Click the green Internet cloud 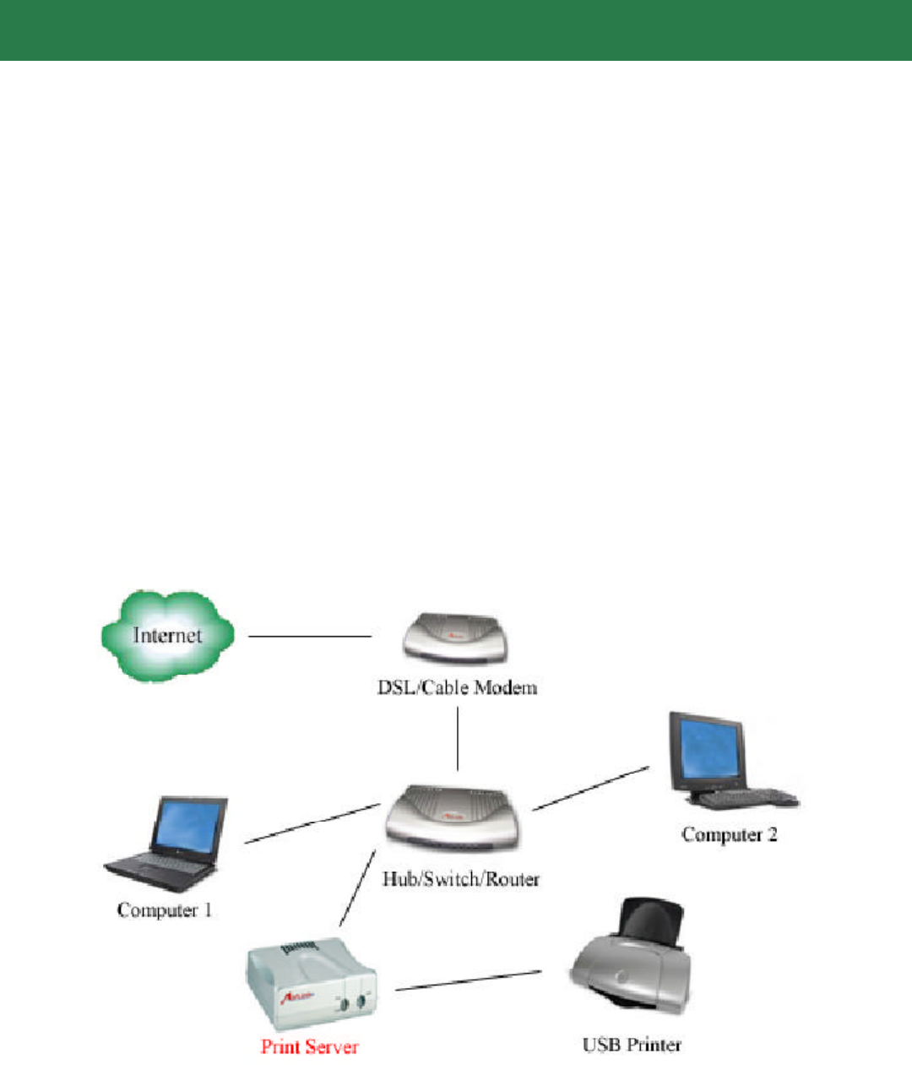pos(167,635)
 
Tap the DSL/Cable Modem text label pos(457,687)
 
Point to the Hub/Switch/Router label pos(461,879)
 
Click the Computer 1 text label pos(165,910)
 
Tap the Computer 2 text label pos(730,835)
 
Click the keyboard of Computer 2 pos(748,798)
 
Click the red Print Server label pos(310,1047)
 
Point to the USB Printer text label pos(632,1046)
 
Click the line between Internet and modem pos(310,636)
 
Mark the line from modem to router pos(458,739)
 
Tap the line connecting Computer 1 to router pos(312,823)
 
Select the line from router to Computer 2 pos(591,788)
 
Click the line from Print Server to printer pos(469,981)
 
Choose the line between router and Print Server pos(358,888)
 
